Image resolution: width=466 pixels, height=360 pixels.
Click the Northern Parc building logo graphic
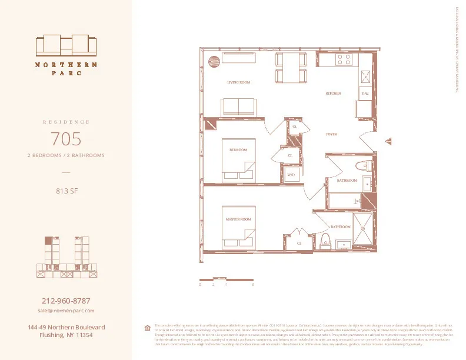tap(66, 45)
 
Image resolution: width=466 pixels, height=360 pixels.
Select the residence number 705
tap(66, 139)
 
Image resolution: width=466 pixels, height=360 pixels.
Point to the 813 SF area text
tap(66, 190)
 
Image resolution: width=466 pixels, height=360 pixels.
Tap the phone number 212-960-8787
tap(66, 301)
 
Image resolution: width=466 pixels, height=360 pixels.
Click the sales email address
tap(66, 311)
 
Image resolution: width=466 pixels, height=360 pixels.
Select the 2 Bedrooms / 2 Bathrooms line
tap(66, 156)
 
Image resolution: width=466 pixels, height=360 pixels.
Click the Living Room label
tap(238, 82)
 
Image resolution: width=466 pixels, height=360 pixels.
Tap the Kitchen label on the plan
tap(334, 94)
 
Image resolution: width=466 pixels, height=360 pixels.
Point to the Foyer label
tap(332, 135)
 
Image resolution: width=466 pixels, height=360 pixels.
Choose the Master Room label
tap(238, 219)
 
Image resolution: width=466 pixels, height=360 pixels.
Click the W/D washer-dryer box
tap(291, 175)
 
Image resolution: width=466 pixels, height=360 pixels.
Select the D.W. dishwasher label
tap(365, 94)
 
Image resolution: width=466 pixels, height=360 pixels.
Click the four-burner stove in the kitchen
tap(343, 59)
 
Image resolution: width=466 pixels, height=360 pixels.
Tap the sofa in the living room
tap(239, 106)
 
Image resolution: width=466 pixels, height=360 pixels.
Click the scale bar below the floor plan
tap(227, 279)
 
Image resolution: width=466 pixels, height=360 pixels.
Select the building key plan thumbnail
tap(66, 257)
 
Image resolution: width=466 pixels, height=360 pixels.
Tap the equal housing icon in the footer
tap(148, 328)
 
